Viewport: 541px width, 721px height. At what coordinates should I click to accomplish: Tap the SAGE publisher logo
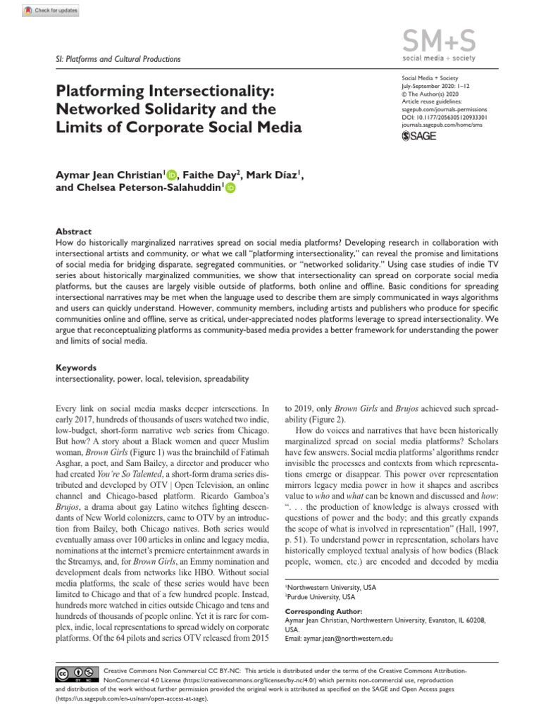click(x=418, y=136)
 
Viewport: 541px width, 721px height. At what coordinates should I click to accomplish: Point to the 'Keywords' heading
click(x=75, y=368)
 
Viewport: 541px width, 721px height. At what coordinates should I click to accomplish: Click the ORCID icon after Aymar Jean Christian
click(x=173, y=175)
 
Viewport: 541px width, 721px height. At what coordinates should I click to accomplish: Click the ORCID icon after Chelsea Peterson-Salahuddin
click(x=230, y=188)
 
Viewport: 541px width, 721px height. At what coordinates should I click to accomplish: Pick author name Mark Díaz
click(x=275, y=175)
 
